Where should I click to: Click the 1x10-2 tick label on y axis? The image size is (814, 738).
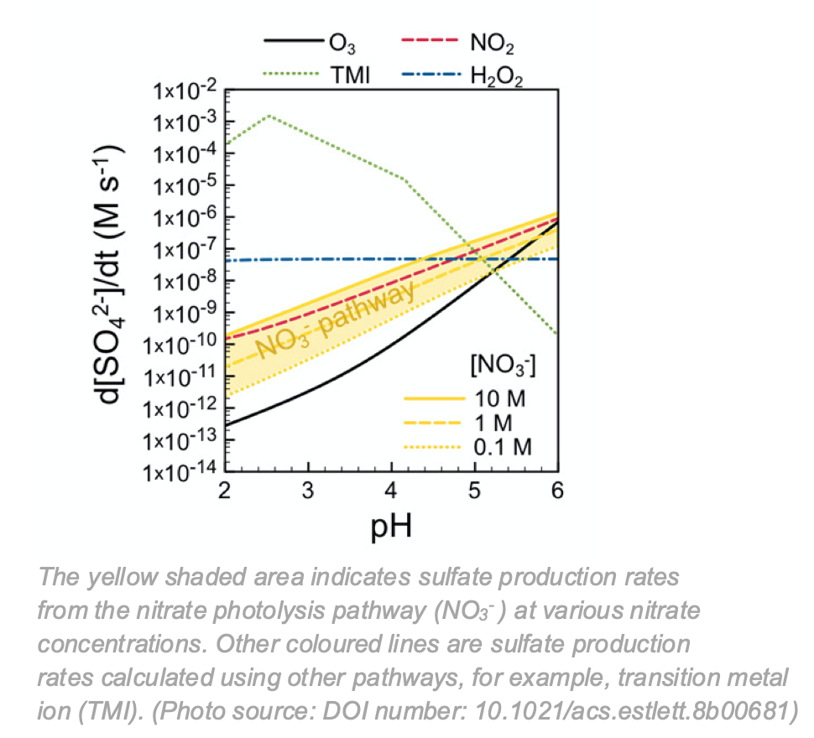pos(185,90)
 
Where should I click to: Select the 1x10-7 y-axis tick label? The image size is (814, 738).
pos(185,249)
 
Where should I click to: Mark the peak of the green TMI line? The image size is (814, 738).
pos(269,116)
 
